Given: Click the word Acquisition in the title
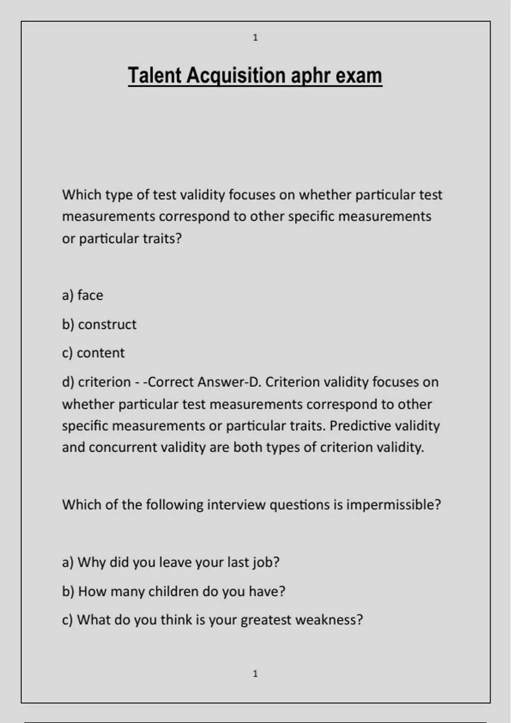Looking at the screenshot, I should point(235,76).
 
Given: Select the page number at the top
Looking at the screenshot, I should point(255,37).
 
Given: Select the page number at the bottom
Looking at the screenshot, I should point(255,674).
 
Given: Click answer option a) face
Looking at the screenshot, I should point(83,295).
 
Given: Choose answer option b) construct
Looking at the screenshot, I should point(99,324).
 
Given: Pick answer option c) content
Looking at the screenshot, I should point(93,353).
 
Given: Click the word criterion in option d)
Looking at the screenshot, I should point(104,382).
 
